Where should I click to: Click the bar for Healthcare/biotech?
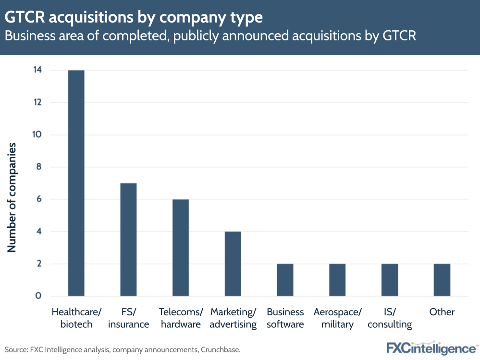point(76,183)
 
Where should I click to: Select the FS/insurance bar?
point(128,239)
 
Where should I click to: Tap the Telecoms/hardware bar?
point(181,248)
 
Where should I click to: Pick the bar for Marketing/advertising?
point(233,264)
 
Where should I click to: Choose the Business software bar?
point(285,280)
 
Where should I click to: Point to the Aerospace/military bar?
point(337,280)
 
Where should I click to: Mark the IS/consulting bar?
point(390,280)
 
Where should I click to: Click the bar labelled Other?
point(442,280)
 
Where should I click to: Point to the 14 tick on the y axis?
point(37,70)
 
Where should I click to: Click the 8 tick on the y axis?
point(38,167)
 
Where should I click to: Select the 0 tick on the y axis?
point(38,296)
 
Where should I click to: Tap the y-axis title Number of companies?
point(12,197)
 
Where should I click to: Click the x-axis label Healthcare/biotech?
point(76,318)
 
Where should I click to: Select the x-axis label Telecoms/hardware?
point(181,318)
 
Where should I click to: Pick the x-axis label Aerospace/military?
point(337,318)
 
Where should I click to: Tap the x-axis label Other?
point(442,312)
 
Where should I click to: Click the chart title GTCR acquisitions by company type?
point(134,17)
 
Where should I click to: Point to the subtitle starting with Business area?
point(210,36)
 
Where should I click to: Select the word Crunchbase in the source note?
point(218,349)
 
